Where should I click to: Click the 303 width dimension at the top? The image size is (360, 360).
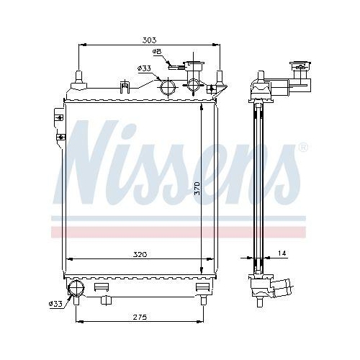148,40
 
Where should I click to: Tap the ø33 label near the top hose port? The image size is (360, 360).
144,68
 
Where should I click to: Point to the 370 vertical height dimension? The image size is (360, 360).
197,189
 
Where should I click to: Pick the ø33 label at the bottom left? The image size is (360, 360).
55,305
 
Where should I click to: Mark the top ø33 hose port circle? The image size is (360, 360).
168,89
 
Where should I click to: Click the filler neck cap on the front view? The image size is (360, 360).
194,69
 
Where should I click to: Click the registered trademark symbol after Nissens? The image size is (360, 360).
302,148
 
